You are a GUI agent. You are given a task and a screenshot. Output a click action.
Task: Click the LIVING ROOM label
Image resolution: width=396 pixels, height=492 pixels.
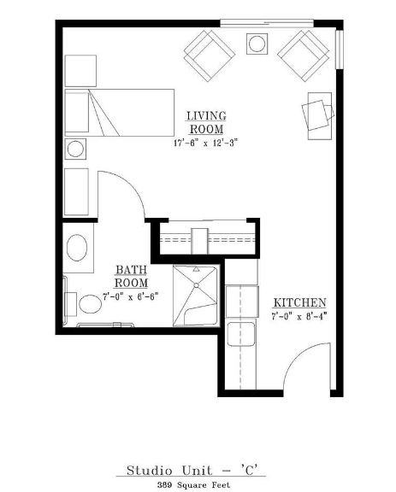206,123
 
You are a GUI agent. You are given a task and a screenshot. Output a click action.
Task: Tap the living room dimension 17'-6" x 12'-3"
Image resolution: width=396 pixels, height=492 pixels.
205,143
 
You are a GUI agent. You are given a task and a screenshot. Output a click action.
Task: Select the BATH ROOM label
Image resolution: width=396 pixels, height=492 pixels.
132,277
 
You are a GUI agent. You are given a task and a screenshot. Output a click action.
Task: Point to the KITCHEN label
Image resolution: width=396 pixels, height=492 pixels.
299,302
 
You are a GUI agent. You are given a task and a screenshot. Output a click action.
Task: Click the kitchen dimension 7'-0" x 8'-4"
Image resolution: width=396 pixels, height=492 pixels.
299,316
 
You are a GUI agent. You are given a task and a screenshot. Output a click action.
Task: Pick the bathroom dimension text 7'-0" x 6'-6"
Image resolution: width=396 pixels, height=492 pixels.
130,296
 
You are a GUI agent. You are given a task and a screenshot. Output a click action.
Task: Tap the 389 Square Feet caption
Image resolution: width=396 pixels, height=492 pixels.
193,485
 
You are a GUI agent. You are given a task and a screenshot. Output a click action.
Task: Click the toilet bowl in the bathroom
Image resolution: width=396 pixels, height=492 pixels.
91,304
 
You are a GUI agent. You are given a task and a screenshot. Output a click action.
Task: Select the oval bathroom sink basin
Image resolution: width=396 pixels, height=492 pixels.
77,248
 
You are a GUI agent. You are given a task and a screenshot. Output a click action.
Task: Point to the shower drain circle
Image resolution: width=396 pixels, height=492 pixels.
197,285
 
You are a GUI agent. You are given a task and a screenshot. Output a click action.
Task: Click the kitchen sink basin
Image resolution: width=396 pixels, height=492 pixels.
240,334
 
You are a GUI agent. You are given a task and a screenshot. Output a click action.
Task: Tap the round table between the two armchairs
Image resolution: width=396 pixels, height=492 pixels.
257,44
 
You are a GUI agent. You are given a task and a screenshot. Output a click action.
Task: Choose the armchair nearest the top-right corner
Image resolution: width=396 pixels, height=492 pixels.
304,56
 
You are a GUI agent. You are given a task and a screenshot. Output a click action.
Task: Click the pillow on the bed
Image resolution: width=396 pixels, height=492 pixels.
77,112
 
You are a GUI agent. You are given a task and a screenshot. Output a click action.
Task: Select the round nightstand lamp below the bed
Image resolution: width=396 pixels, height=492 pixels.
75,149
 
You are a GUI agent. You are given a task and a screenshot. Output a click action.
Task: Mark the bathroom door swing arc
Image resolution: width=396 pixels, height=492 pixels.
129,185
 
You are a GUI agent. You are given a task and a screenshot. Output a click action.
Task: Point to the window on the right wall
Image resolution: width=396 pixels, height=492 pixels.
340,50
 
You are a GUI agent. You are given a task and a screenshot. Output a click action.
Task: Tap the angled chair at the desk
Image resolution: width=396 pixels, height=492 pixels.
317,114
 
